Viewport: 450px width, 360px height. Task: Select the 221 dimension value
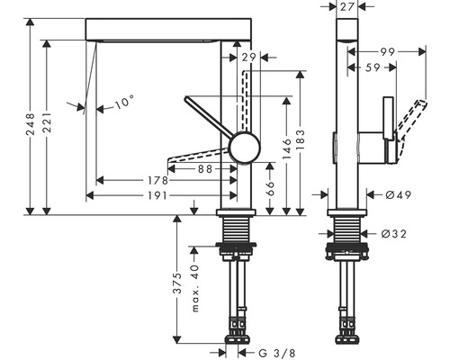point(57,128)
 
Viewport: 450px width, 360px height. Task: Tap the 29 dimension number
point(249,58)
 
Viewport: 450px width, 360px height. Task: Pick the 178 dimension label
point(159,181)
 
